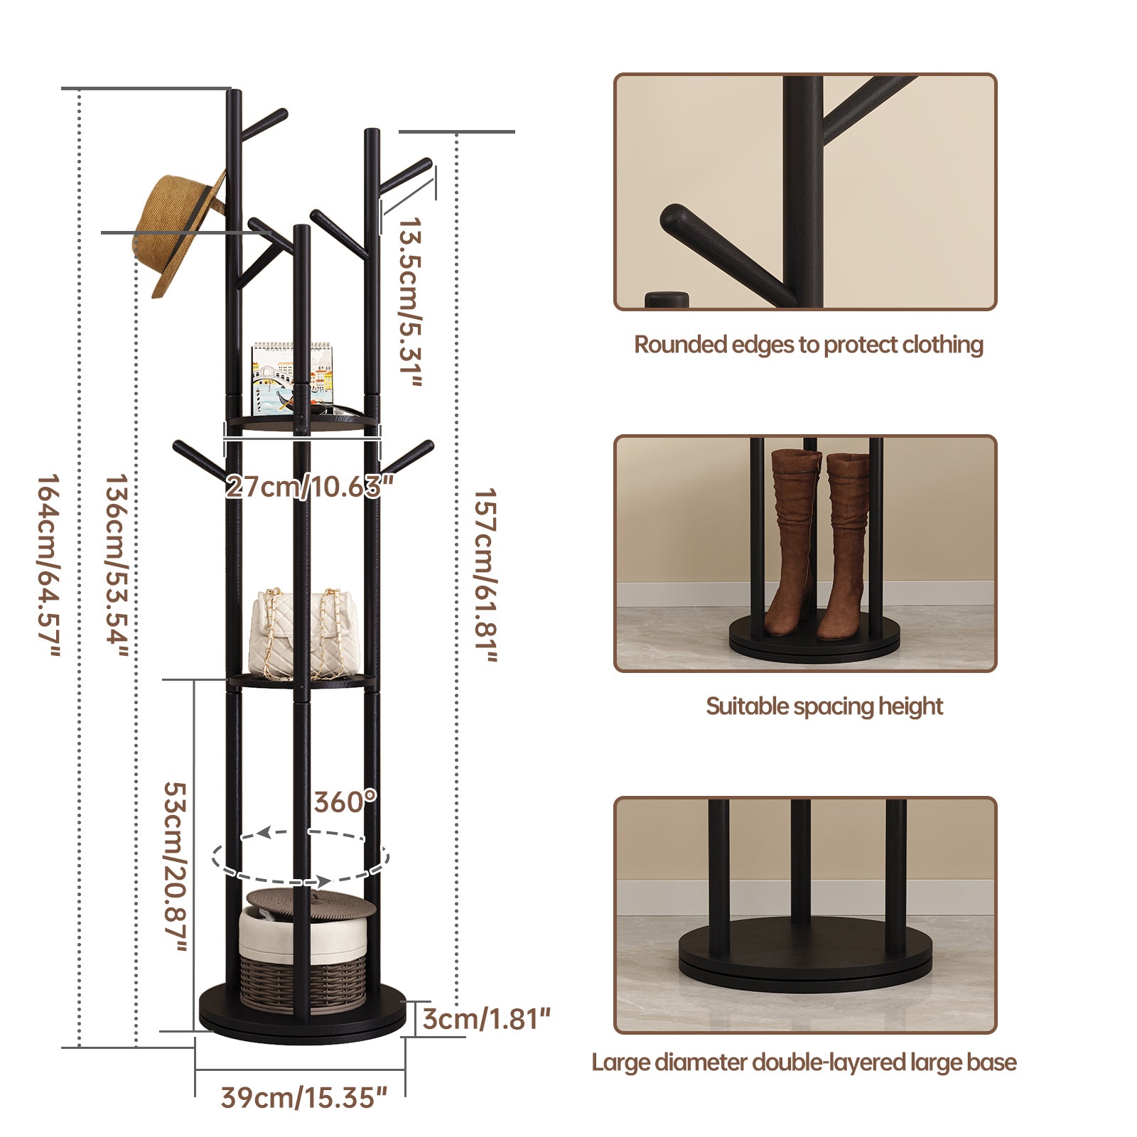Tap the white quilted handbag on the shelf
pos(304,635)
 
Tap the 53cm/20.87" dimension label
pos(175,867)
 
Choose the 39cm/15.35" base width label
pos(303,1097)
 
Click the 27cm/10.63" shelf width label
pos(309,487)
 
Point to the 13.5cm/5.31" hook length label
pos(410,302)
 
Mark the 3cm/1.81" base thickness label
pos(487,1019)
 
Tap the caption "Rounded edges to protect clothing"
pos(809,345)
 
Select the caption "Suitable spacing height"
pos(824,706)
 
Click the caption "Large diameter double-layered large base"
pos(804,1062)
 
